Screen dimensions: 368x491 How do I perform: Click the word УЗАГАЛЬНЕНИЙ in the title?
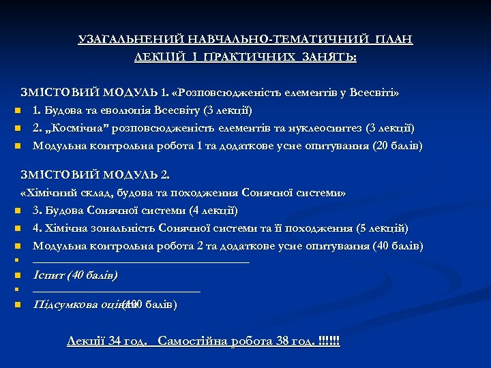pos(119,40)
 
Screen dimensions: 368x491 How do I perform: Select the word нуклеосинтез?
pos(328,127)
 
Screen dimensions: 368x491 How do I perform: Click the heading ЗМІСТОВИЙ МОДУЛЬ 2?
pos(95,176)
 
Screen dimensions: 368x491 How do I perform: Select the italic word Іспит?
pos(48,275)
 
